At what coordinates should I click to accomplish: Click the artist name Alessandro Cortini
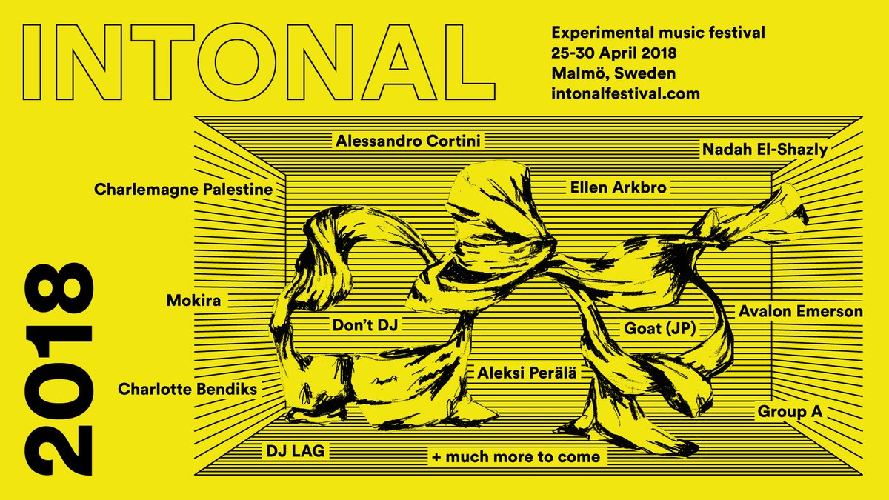(x=408, y=141)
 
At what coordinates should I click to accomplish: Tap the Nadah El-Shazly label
(x=765, y=150)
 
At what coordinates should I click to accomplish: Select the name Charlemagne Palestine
(x=184, y=190)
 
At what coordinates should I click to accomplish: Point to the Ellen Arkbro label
(x=619, y=187)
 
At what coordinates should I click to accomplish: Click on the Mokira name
(x=193, y=301)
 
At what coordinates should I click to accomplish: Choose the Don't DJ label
(x=365, y=325)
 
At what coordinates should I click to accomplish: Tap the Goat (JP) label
(x=660, y=329)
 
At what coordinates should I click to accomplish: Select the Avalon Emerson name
(x=801, y=312)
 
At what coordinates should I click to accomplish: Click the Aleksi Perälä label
(x=527, y=373)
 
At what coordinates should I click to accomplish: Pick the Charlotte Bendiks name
(x=187, y=390)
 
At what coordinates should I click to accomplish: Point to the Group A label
(x=790, y=412)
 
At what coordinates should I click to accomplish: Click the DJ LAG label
(x=296, y=451)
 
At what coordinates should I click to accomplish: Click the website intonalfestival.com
(x=625, y=94)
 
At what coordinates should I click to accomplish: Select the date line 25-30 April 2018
(x=614, y=53)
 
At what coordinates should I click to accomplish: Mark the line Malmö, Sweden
(x=613, y=73)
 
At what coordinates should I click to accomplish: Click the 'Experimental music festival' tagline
(x=658, y=33)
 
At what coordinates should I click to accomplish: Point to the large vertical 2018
(x=59, y=369)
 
